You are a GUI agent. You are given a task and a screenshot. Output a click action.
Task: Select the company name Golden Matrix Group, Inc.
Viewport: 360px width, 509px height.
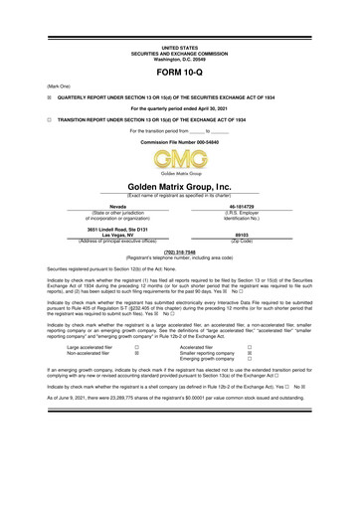point(179,186)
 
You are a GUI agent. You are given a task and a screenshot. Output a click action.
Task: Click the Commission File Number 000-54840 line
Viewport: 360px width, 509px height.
point(179,142)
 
